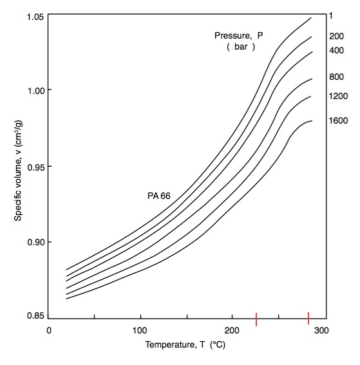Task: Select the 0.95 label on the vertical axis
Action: click(35, 167)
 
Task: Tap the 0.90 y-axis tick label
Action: click(35, 243)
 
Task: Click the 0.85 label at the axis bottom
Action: click(35, 316)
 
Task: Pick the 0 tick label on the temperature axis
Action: click(49, 331)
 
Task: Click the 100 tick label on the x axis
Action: click(140, 331)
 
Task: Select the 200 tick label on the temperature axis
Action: click(231, 331)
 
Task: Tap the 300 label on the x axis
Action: click(323, 331)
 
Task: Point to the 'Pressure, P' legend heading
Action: click(239, 35)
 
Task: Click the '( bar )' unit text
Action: click(241, 47)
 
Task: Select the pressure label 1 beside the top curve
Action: click(331, 15)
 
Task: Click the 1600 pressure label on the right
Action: click(338, 120)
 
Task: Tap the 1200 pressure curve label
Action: click(338, 96)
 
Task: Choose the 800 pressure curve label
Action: click(336, 77)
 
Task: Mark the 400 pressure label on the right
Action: click(336, 50)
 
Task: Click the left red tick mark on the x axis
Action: click(256, 318)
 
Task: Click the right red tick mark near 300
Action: click(308, 318)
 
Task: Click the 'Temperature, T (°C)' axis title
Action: click(185, 345)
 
